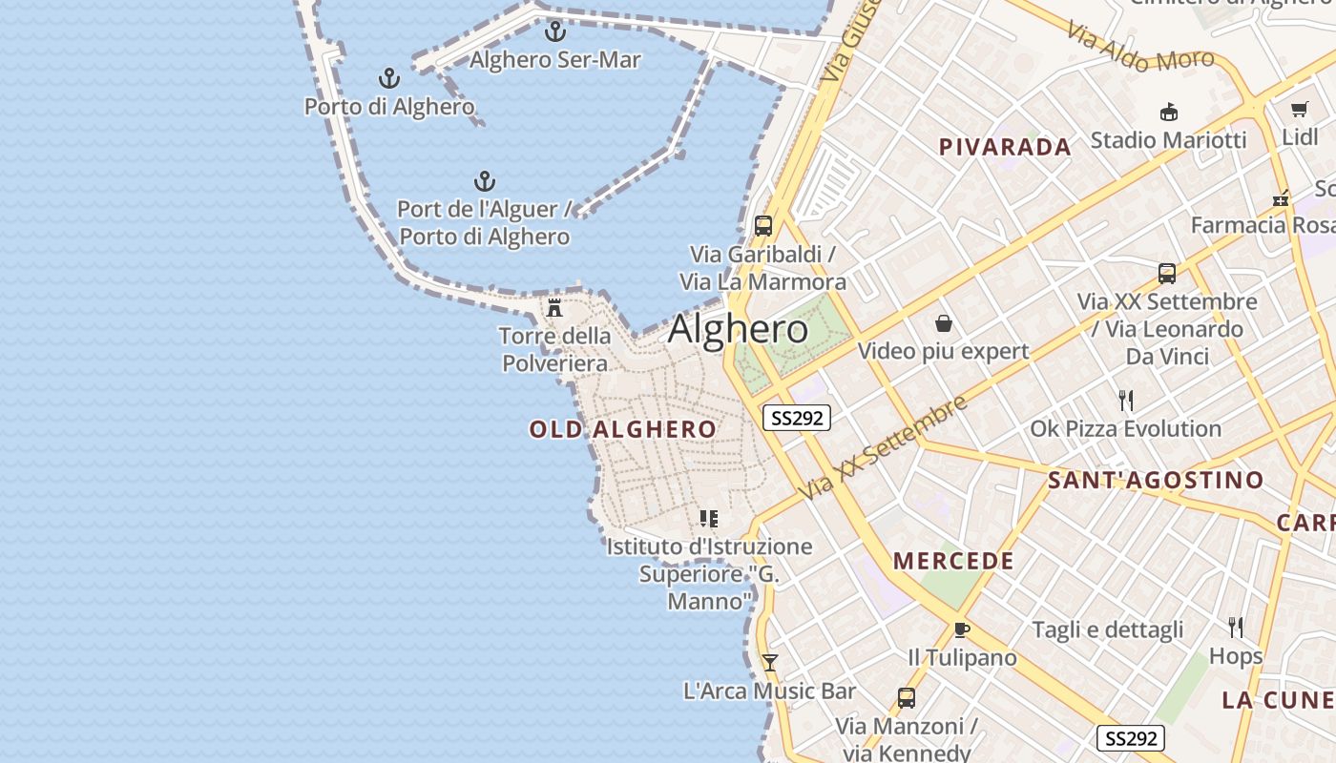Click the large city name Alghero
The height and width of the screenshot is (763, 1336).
pos(738,329)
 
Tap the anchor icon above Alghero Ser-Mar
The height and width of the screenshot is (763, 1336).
pos(554,31)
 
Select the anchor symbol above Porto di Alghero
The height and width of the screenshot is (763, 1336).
pos(388,78)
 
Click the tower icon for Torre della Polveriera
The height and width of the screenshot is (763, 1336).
pos(553,307)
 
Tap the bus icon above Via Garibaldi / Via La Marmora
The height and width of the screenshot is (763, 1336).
pos(762,226)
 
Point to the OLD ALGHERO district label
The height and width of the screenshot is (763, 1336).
pos(622,429)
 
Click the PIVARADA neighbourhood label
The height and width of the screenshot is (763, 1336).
pos(1005,147)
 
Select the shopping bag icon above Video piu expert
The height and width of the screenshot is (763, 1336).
pos(943,323)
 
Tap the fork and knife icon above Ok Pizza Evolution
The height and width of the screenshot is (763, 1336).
pos(1126,401)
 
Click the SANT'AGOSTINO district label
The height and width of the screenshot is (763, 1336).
pos(1156,480)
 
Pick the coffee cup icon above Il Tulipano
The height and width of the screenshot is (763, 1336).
pos(961,629)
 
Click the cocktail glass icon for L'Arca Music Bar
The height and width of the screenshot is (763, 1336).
pos(769,663)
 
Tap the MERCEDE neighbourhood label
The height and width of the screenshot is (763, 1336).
pos(953,561)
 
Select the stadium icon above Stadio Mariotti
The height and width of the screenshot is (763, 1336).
pos(1168,113)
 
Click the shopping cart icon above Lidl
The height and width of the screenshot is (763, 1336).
pos(1299,109)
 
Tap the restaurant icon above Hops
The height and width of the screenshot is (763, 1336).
pos(1236,627)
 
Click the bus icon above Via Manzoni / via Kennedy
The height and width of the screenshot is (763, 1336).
pos(906,698)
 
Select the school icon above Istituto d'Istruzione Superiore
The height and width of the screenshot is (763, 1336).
pos(708,519)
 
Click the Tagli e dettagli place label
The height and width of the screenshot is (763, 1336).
pos(1107,629)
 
